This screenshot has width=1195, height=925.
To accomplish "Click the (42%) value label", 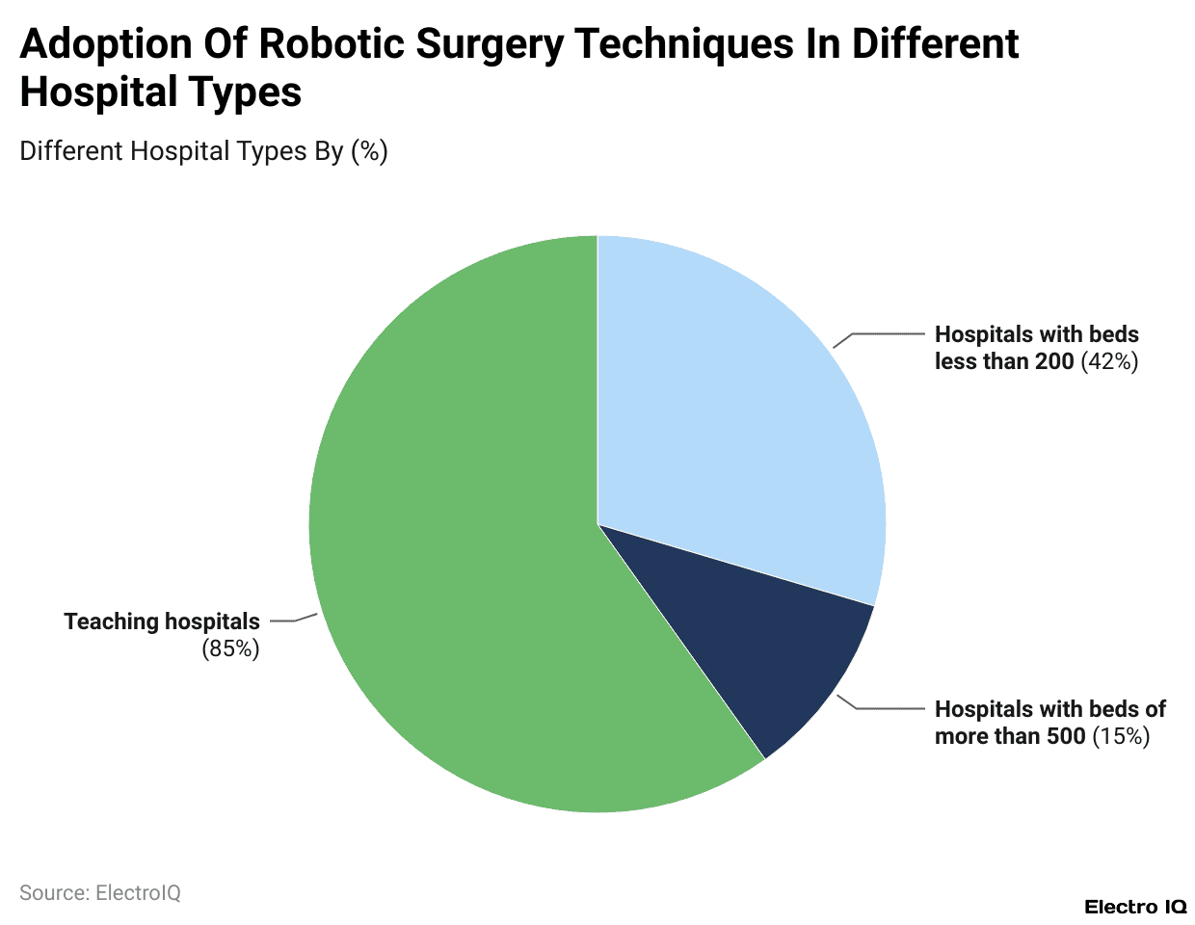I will (x=1109, y=361).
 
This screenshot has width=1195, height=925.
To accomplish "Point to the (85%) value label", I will (x=230, y=648).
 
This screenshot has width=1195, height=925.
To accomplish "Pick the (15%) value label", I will (x=1121, y=736).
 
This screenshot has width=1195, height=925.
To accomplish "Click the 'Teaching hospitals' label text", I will (x=162, y=621).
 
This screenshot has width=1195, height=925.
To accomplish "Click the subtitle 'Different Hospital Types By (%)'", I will (x=203, y=151).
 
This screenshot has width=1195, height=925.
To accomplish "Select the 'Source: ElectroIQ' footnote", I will (x=100, y=893).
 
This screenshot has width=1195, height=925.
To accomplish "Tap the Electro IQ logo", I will (x=1135, y=907).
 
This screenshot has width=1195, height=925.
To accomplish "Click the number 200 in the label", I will (x=1054, y=361).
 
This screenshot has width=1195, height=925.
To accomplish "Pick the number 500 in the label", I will (x=1066, y=736).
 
